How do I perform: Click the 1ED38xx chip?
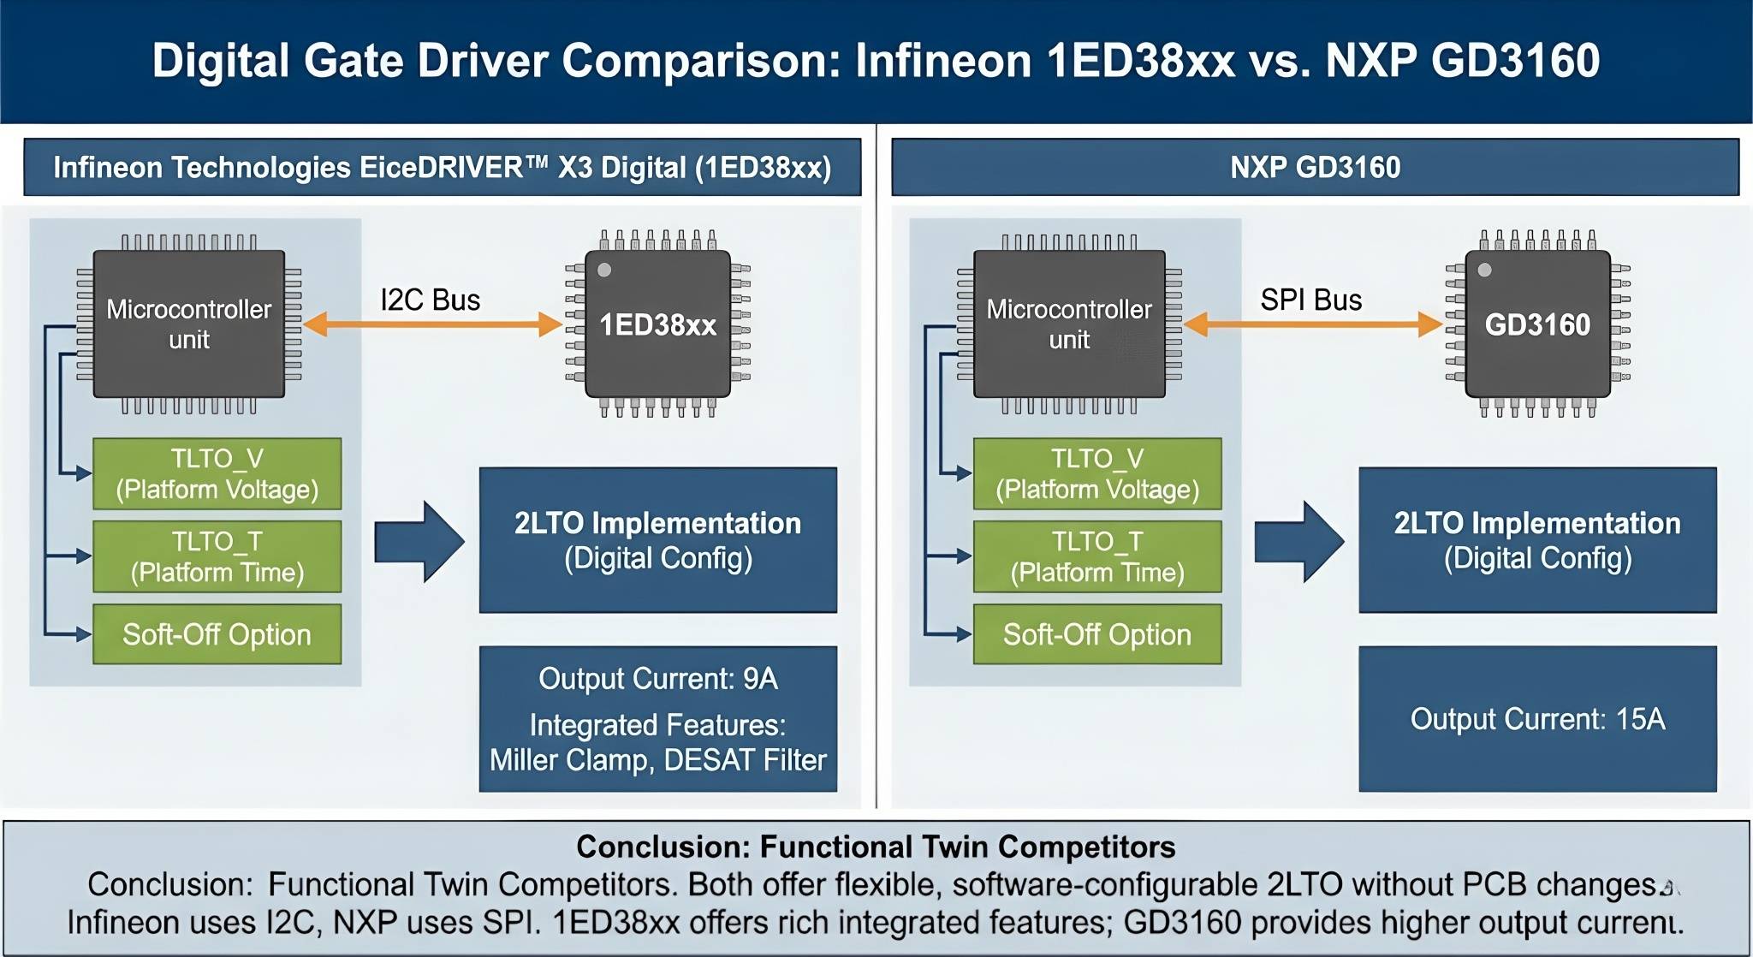point(657,324)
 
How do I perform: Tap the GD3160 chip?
point(1537,324)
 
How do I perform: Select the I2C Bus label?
point(430,300)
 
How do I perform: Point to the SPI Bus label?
point(1310,300)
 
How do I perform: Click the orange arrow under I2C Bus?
point(432,324)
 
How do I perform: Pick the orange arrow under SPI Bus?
point(1313,324)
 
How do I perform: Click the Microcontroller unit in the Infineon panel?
point(188,324)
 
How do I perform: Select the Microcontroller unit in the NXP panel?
point(1069,324)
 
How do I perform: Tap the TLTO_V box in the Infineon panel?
point(217,473)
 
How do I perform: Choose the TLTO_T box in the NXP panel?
point(1097,556)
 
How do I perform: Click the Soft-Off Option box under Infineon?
point(217,634)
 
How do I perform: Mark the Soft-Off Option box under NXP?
point(1097,634)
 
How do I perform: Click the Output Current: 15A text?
point(1537,719)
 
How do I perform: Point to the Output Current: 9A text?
point(657,679)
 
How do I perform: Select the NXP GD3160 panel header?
point(1315,167)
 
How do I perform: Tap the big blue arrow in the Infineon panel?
point(419,541)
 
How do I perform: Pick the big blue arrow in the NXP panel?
point(1299,541)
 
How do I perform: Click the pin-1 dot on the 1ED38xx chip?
point(604,270)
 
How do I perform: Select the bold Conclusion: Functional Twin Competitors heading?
point(876,847)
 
